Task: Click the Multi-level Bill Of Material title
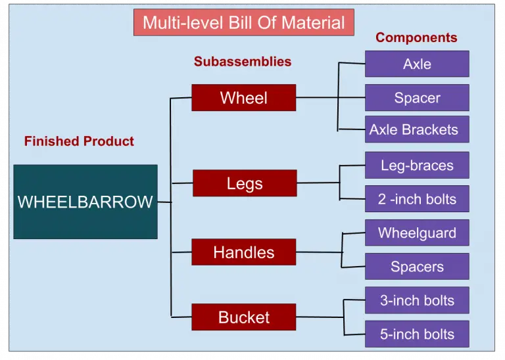243,23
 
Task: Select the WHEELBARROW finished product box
85,202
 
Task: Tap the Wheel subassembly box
243,98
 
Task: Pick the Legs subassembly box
244,183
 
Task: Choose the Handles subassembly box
243,252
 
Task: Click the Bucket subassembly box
243,317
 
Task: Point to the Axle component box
417,64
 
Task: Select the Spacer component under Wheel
417,98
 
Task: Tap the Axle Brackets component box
417,129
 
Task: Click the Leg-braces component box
417,165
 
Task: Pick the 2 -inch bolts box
417,199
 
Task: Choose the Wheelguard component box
417,233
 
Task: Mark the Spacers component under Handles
417,267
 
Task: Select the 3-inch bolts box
417,300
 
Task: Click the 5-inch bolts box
417,334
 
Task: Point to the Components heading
416,37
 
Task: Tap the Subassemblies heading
242,62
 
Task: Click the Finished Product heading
79,141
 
